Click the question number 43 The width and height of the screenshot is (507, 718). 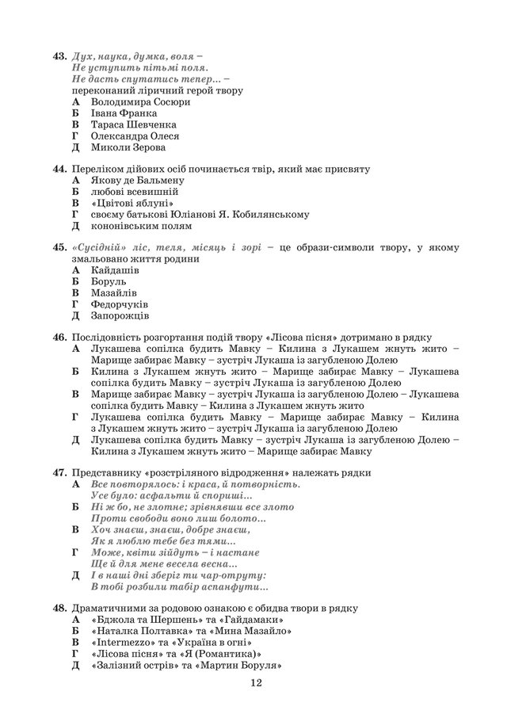click(58, 57)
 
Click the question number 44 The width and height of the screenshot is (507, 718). click(58, 169)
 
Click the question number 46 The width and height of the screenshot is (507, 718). click(58, 338)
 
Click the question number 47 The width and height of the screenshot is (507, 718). click(58, 472)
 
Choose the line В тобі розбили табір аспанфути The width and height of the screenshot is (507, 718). click(180, 587)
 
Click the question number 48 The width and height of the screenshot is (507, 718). click(58, 609)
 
